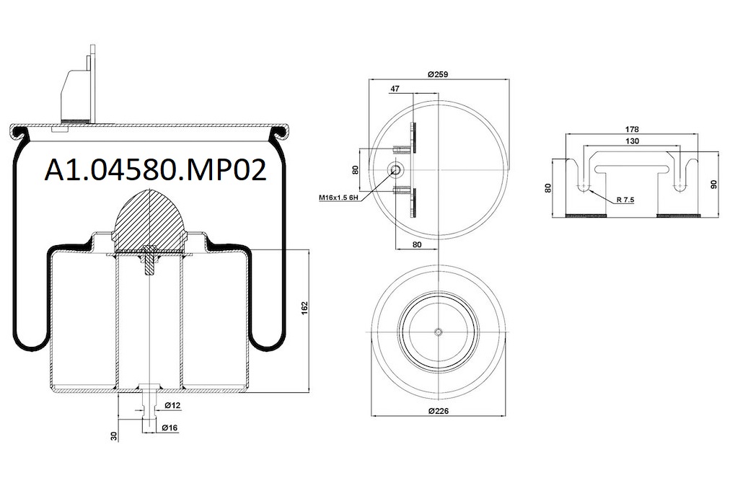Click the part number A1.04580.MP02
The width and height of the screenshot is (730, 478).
tap(155, 170)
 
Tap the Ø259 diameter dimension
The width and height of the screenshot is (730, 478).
tap(439, 74)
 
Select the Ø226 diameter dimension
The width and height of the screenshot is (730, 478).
tap(439, 410)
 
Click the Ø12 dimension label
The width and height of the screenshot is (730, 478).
tap(172, 406)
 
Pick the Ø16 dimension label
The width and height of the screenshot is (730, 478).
tap(171, 428)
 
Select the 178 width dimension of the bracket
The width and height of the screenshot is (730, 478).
tap(633, 129)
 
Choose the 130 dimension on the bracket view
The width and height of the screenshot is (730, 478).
tap(633, 141)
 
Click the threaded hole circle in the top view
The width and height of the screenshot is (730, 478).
tap(395, 169)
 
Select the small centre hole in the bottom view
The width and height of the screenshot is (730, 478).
tap(439, 331)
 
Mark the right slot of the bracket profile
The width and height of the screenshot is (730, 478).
tap(680, 177)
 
